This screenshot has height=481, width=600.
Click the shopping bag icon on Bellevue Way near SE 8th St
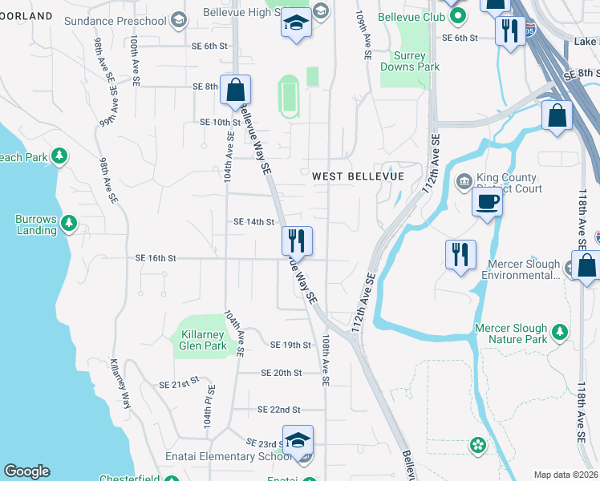click(x=236, y=91)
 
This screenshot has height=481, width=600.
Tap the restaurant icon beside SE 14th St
click(x=296, y=240)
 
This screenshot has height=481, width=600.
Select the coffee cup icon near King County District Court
click(x=486, y=202)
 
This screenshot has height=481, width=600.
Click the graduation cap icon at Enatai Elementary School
click(x=298, y=440)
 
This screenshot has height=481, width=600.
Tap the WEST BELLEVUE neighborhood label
click(x=357, y=176)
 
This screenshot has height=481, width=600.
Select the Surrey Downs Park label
click(x=416, y=61)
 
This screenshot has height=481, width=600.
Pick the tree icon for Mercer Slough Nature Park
click(x=560, y=331)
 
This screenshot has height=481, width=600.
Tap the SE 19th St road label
click(x=290, y=345)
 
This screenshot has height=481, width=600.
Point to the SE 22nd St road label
click(x=279, y=409)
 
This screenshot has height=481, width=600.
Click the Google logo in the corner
click(x=26, y=471)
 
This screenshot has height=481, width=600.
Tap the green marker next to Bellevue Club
click(x=458, y=15)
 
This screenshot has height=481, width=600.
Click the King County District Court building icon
click(x=464, y=181)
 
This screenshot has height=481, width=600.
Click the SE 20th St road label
click(x=281, y=373)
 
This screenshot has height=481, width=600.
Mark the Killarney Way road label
click(x=120, y=383)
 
